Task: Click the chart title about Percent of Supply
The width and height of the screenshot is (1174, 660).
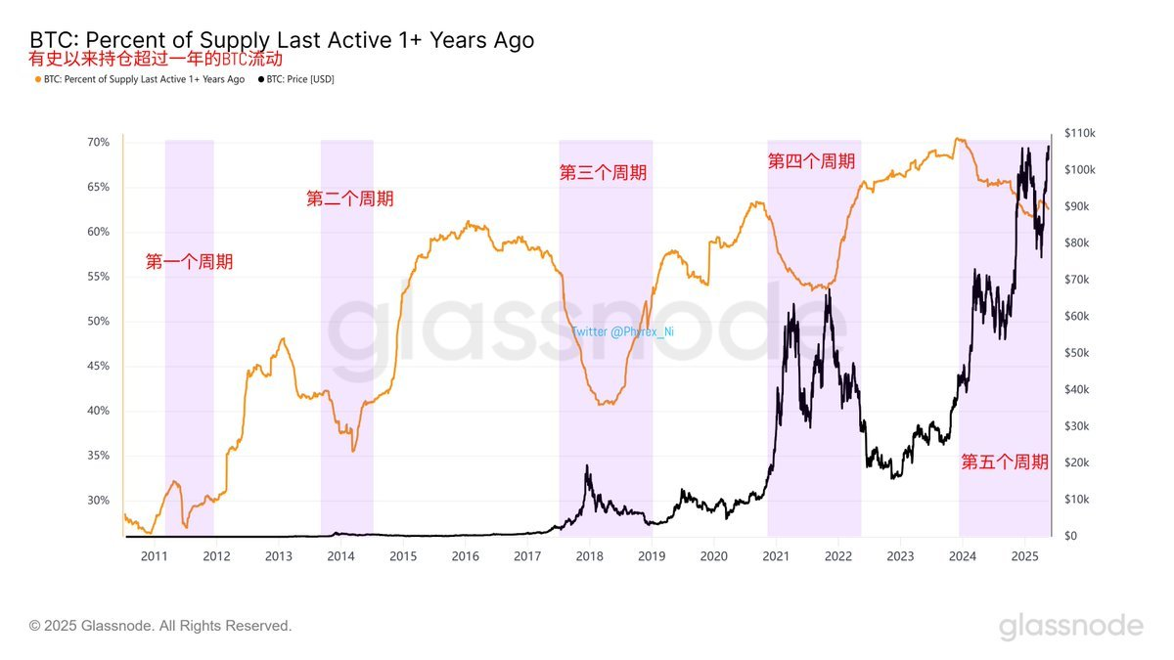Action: pos(282,40)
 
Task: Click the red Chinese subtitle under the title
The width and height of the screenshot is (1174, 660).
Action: pos(156,61)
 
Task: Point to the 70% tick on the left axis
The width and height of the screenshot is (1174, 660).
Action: pos(98,143)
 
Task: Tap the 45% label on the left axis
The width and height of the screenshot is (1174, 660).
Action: pos(98,367)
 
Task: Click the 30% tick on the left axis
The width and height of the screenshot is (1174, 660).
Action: pos(98,501)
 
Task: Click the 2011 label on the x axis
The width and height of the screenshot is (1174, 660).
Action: pos(155,556)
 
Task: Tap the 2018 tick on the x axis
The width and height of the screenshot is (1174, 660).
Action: pos(590,556)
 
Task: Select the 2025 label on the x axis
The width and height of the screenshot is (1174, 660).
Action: pos(1024,556)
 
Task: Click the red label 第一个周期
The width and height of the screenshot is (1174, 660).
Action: pos(190,262)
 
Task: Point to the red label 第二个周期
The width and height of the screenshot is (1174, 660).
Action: pos(350,199)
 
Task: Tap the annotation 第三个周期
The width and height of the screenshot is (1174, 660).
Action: pos(603,173)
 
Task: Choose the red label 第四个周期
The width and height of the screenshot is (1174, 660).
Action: pos(811,161)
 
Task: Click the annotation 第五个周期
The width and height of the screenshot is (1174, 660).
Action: pos(1005,462)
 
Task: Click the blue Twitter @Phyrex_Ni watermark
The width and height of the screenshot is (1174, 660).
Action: pos(623,331)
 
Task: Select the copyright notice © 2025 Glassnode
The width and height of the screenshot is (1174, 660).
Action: pos(160,626)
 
